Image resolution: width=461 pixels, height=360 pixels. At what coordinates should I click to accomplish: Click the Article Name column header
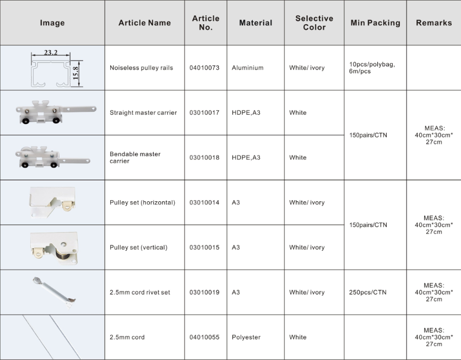tap(144, 23)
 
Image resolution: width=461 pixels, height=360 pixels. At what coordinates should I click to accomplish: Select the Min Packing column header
tap(375, 23)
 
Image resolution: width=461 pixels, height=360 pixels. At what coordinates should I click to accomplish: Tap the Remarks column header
tap(433, 23)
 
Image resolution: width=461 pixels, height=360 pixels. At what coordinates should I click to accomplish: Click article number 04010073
tap(204, 68)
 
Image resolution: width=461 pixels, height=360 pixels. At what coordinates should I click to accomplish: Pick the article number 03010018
tap(204, 158)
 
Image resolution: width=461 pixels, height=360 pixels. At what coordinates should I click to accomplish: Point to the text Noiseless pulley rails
tap(141, 68)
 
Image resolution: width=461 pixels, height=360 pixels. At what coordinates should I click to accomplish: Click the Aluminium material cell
tap(247, 68)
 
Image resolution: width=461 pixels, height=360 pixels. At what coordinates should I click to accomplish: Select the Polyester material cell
tap(246, 337)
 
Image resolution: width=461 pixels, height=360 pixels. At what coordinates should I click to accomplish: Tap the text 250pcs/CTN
tap(368, 292)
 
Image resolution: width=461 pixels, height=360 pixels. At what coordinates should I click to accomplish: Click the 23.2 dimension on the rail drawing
tap(51, 53)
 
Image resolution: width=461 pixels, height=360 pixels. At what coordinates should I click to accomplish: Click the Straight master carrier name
tap(143, 112)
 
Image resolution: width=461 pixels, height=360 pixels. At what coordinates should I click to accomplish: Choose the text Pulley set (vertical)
tap(138, 248)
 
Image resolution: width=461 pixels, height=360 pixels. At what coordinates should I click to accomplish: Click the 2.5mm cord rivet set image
tap(53, 292)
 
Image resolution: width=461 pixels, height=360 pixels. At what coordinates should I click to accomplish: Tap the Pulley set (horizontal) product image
tap(52, 202)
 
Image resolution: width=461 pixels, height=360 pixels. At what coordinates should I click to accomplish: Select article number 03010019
tap(204, 292)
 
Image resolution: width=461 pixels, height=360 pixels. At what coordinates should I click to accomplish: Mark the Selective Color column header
tap(314, 23)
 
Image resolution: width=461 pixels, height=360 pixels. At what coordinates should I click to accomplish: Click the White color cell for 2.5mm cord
tap(298, 337)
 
